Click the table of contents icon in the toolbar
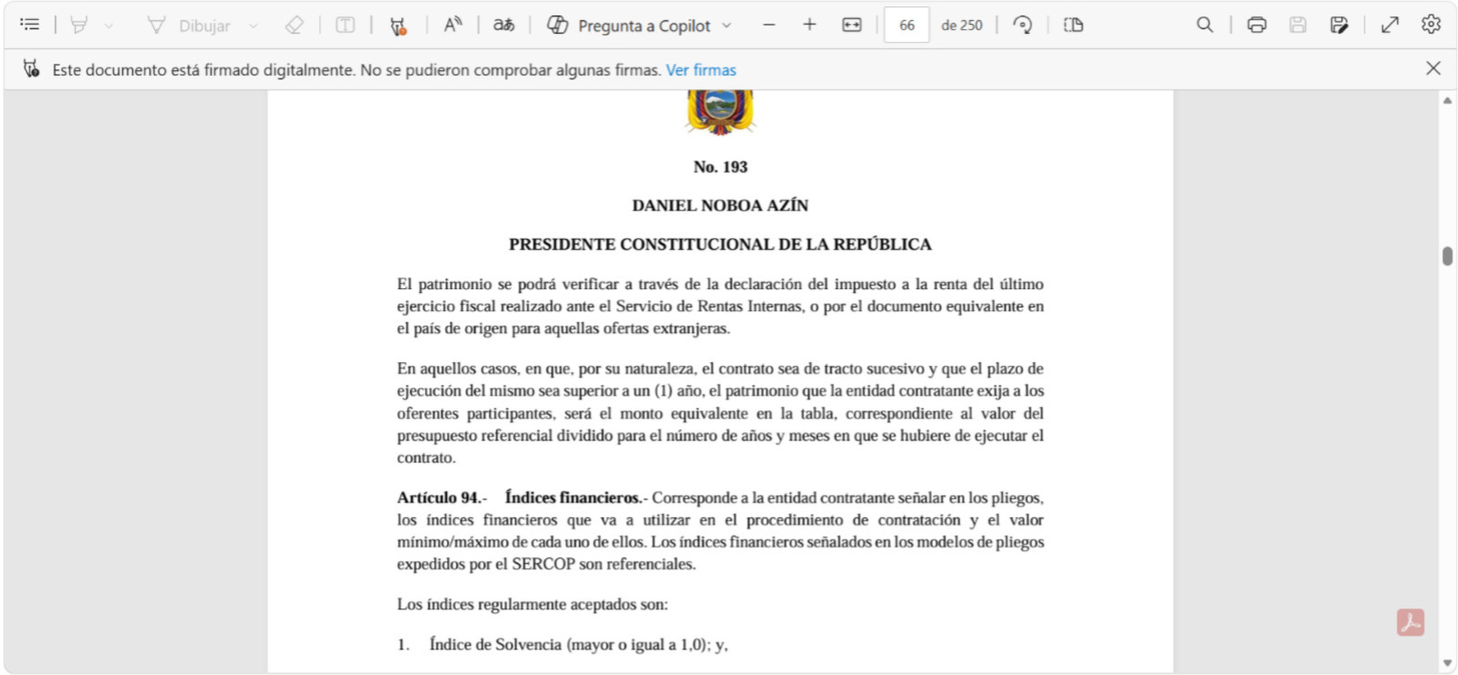(x=29, y=25)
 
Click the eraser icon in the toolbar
(x=294, y=26)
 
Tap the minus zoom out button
(x=769, y=26)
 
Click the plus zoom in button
(x=809, y=26)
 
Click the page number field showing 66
(x=906, y=26)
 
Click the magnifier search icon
(x=1205, y=26)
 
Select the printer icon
(x=1256, y=26)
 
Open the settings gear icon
(x=1431, y=26)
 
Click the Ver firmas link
(x=700, y=70)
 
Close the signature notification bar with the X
(x=1432, y=68)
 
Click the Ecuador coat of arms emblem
(x=720, y=111)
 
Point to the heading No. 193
(x=720, y=167)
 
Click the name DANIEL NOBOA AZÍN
(x=720, y=206)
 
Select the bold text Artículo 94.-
(x=441, y=498)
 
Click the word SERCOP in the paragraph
(x=543, y=565)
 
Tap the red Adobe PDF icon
(x=1410, y=623)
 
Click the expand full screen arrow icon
(x=1390, y=26)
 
